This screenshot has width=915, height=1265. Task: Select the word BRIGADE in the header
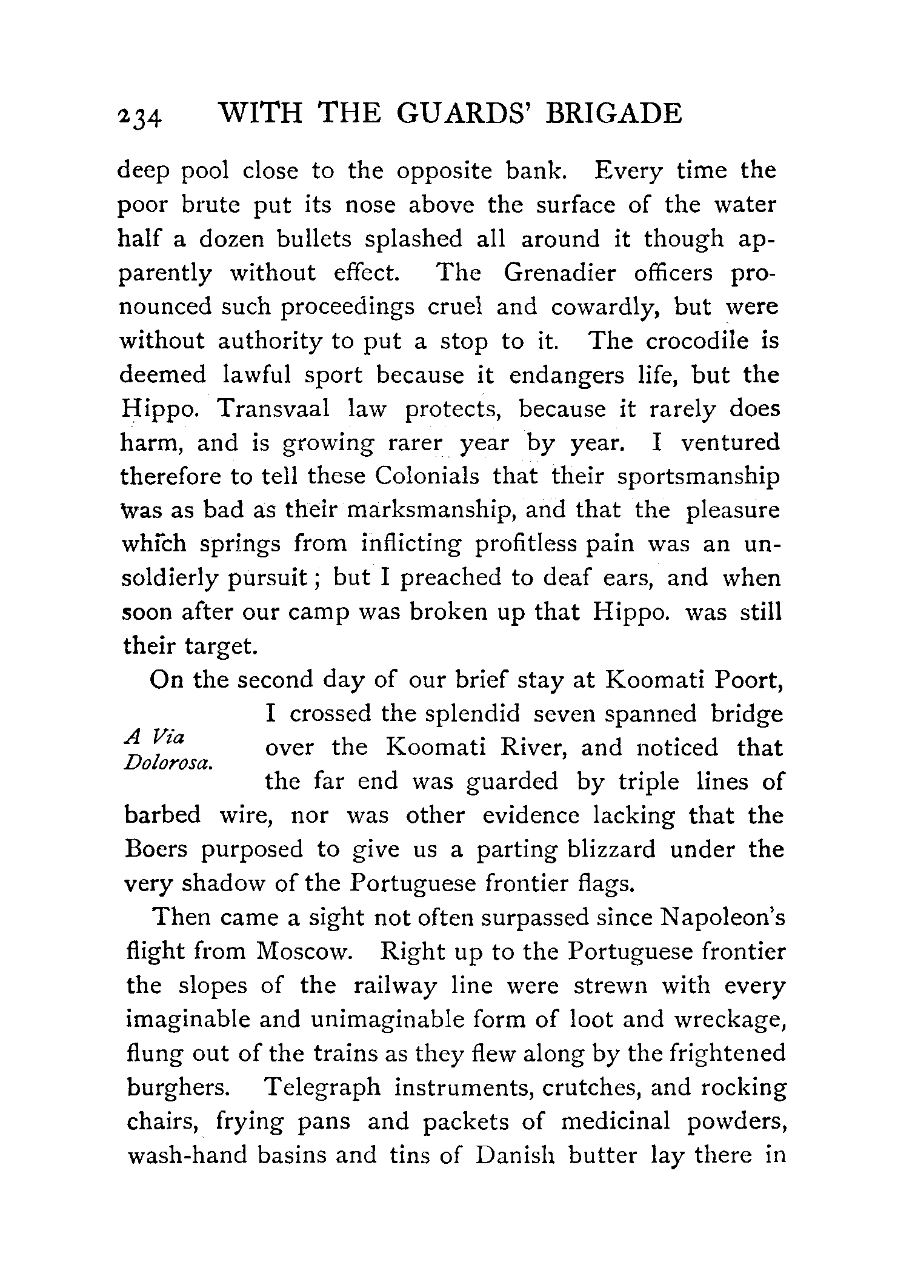point(613,113)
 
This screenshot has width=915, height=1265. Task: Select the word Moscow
point(303,952)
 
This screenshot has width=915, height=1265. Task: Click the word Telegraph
point(322,1087)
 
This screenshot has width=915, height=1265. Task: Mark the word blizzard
point(611,849)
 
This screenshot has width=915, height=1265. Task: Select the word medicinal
point(616,1121)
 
